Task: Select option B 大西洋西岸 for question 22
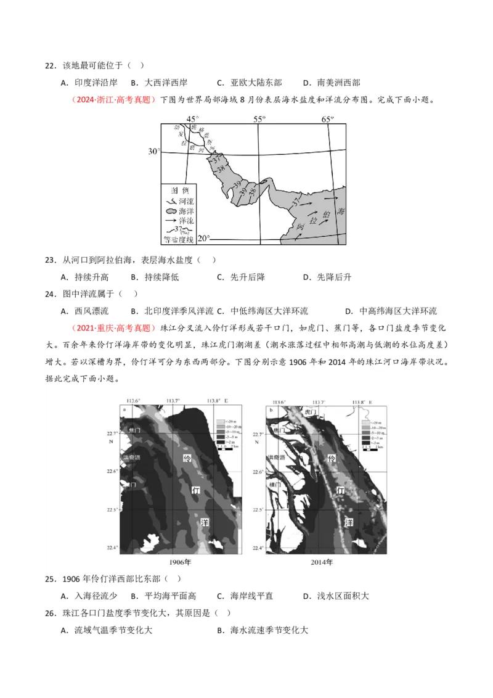coord(159,83)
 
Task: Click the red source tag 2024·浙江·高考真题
coord(114,100)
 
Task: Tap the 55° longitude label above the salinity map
coord(259,118)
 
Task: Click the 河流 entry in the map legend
coord(178,201)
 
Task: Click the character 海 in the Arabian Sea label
coord(341,211)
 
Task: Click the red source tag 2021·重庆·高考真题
coord(114,328)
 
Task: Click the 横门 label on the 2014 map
coord(275,486)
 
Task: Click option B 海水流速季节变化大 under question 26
coord(263,630)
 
